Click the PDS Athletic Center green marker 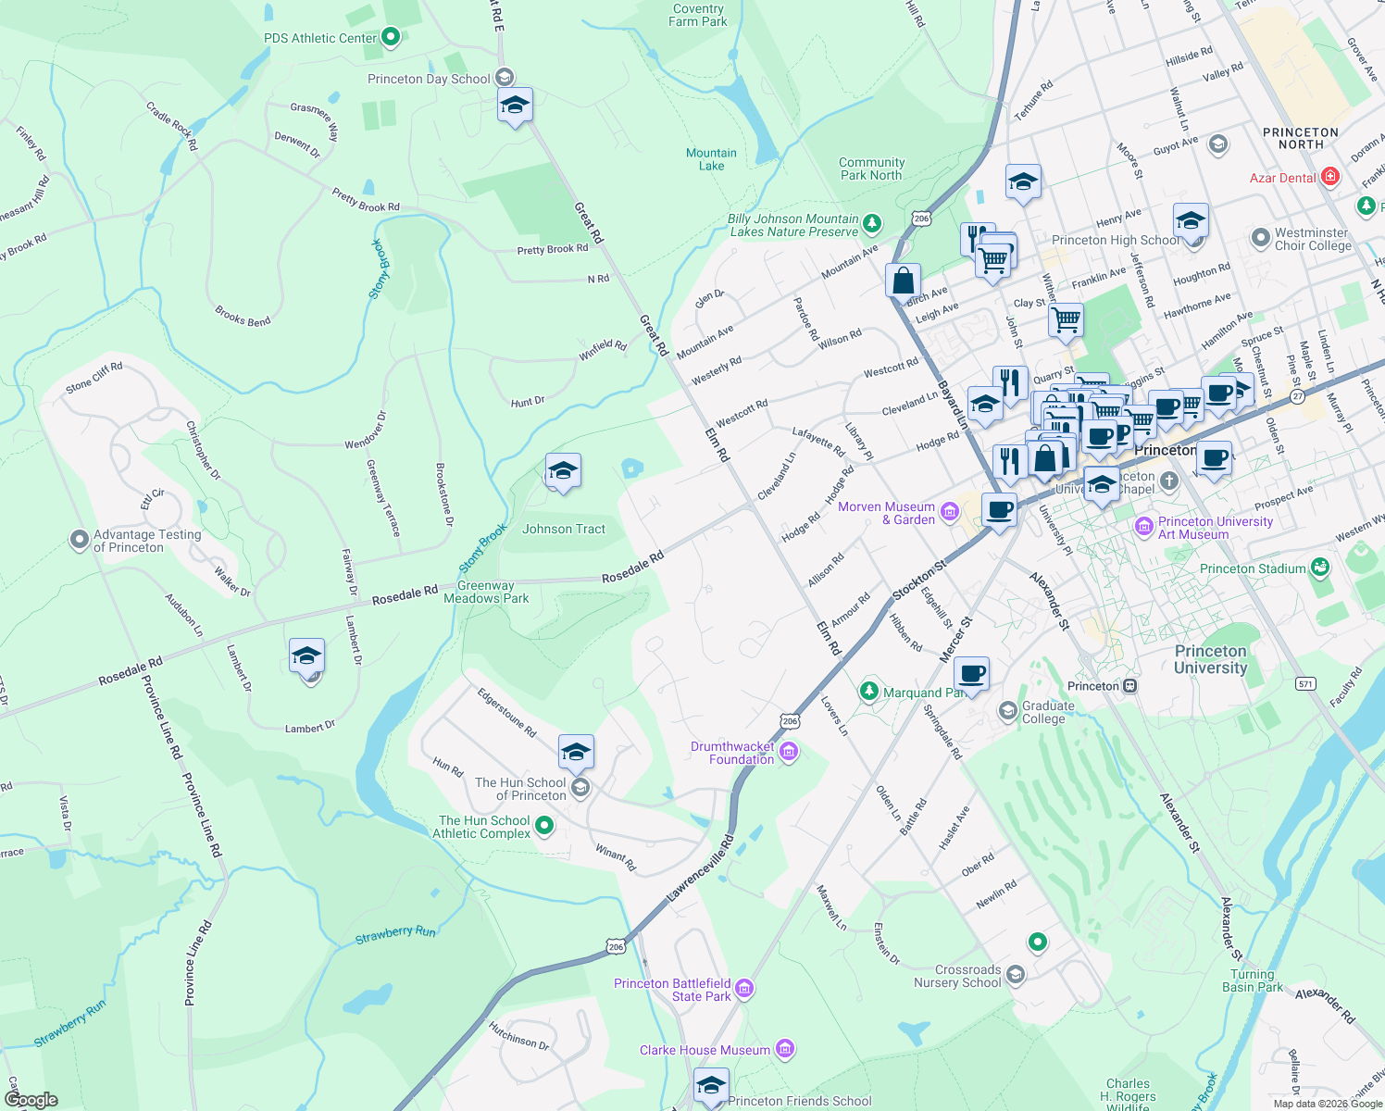(x=391, y=37)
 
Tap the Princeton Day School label (x=429, y=79)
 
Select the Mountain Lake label (x=711, y=159)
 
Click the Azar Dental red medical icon (x=1330, y=177)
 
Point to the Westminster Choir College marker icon (x=1260, y=238)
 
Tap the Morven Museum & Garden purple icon (x=949, y=512)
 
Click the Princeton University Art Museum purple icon (x=1144, y=527)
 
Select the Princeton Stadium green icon (x=1320, y=568)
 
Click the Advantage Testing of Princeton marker (x=80, y=540)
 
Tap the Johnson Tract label (x=563, y=529)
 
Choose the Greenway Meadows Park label (x=486, y=592)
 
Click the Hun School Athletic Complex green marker (x=544, y=825)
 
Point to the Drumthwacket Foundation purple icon (x=788, y=752)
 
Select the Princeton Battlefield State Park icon (x=744, y=989)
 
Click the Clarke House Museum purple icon (x=784, y=1049)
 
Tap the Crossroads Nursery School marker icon (x=1016, y=975)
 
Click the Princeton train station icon (x=1130, y=686)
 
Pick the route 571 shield (x=1305, y=683)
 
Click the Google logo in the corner (x=31, y=1099)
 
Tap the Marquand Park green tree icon (x=868, y=691)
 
